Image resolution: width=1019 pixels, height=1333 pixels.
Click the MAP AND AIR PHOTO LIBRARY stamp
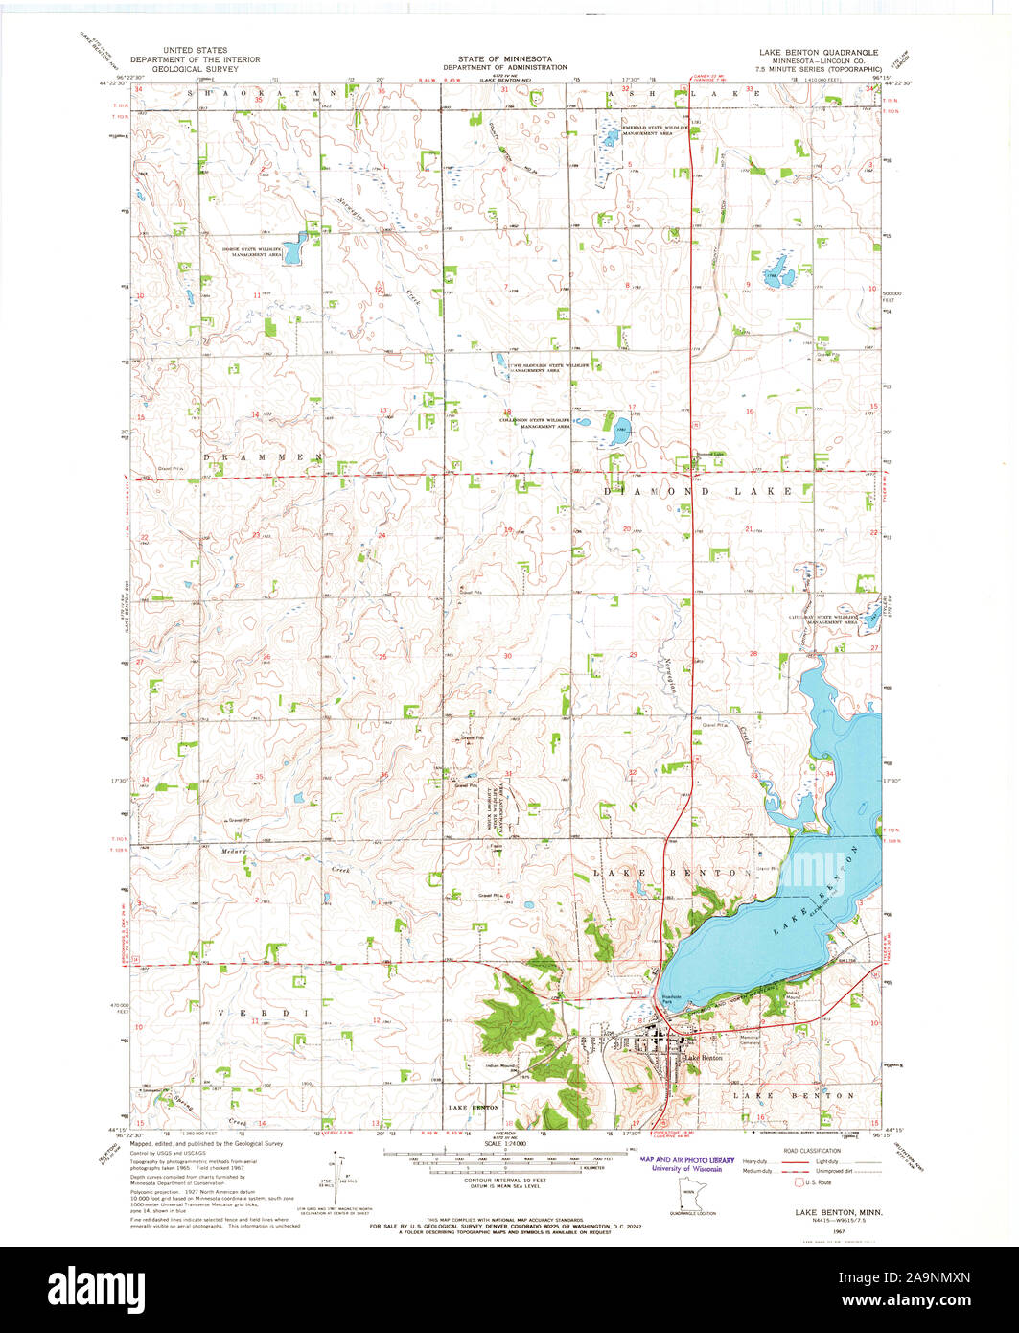point(686,1160)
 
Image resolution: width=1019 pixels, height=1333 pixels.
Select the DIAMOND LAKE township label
point(696,491)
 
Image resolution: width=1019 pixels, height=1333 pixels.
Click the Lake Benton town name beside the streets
point(703,1058)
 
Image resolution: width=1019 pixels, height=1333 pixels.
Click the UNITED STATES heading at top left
point(189,50)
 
